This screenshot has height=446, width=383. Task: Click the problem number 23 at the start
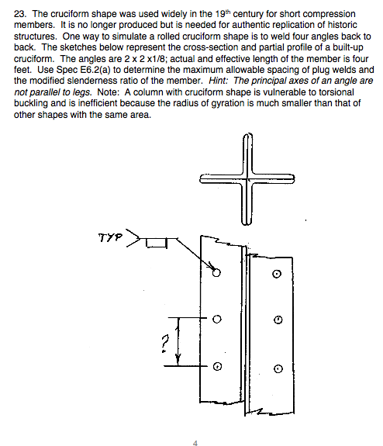(20, 15)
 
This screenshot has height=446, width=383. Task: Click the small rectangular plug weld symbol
(156, 243)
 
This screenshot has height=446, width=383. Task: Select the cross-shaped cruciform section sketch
(248, 178)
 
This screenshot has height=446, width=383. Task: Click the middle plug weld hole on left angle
(217, 318)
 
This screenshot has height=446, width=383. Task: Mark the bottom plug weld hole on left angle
(217, 366)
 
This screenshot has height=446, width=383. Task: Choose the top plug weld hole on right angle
(277, 275)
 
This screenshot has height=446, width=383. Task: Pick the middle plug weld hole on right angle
(277, 320)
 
